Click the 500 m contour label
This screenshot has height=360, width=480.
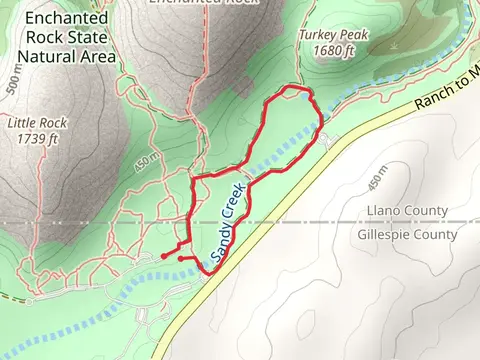coord(12,84)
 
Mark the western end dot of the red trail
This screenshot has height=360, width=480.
coord(164,256)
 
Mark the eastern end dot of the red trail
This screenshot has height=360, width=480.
coord(180,259)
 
